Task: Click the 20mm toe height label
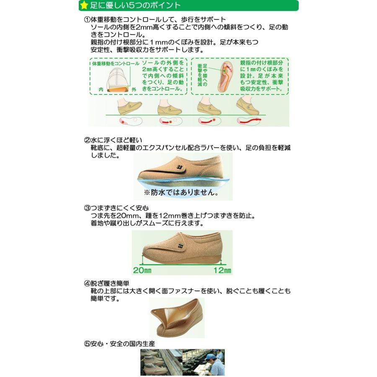[142, 269]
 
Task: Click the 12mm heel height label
[222, 269]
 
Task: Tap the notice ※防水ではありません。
[181, 193]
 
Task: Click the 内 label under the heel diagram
[101, 90]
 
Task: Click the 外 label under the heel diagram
[134, 90]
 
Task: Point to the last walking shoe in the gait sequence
[248, 106]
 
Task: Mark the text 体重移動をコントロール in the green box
[115, 63]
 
